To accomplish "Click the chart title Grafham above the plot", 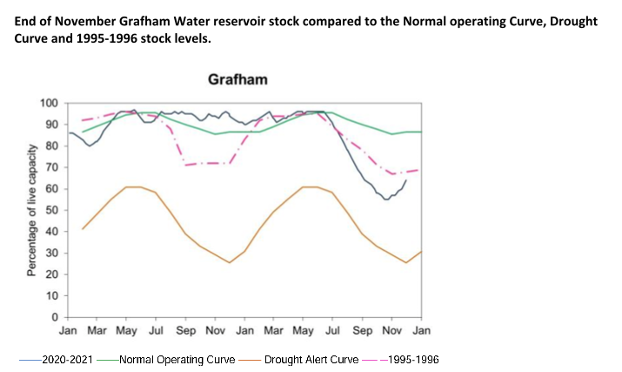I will tap(237, 80).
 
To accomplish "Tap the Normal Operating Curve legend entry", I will tap(166, 359).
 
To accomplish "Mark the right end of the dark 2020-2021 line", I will tap(406, 179).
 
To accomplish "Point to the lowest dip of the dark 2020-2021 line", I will tap(386, 200).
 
